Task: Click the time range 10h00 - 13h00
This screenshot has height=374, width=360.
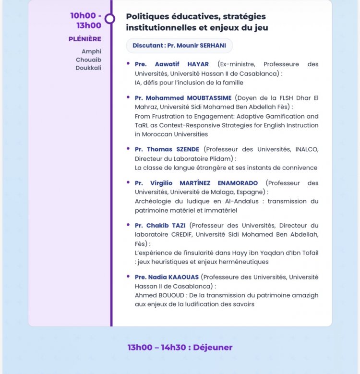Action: pos(85,21)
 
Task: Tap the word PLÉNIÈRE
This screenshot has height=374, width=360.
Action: pos(85,39)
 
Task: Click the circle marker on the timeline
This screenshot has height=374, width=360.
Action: pos(110,19)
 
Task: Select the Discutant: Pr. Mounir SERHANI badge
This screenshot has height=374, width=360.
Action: pos(179,46)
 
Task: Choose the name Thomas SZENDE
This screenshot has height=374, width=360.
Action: pos(173,149)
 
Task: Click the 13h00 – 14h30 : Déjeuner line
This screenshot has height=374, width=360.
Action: pos(180,347)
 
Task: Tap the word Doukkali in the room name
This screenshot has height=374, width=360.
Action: pos(88,68)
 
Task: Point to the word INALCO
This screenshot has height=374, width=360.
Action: pos(304,149)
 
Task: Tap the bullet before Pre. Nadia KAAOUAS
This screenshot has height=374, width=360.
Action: pos(128,277)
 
